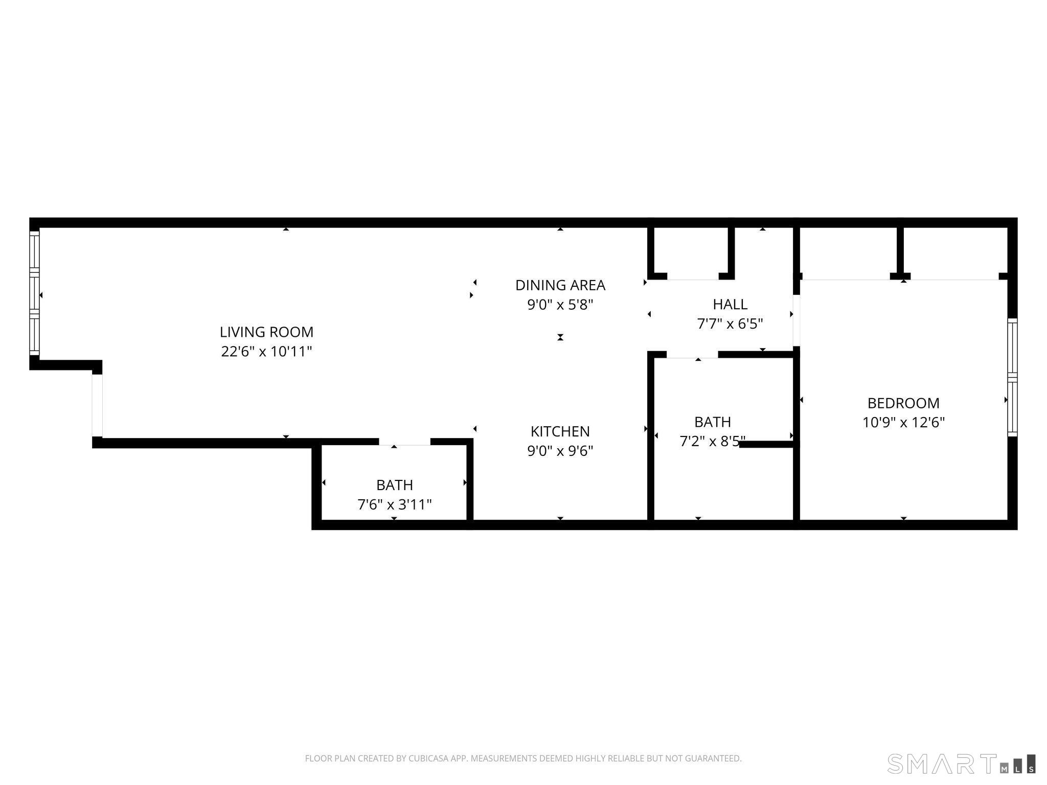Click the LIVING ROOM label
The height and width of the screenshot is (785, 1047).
[266, 332]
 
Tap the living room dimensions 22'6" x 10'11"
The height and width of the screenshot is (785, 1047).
[266, 352]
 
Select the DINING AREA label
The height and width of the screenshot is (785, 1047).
[560, 285]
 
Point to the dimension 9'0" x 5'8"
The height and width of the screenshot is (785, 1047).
[560, 305]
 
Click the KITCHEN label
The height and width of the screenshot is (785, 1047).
[560, 431]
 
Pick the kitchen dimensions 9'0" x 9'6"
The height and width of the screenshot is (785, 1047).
[560, 451]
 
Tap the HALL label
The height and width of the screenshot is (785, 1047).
[730, 304]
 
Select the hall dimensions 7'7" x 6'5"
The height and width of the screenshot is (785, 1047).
[730, 324]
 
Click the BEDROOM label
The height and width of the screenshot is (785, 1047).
[903, 403]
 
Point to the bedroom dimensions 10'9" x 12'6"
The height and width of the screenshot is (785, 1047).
[903, 423]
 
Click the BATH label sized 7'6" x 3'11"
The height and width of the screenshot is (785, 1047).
[394, 485]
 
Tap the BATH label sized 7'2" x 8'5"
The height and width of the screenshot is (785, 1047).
[712, 422]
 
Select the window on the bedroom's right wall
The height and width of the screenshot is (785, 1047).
[1012, 377]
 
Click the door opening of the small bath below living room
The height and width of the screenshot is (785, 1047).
[404, 443]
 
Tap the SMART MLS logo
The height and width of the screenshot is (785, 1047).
[961, 764]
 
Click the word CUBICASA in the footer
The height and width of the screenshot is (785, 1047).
[428, 758]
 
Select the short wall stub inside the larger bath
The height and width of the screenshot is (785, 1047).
[767, 444]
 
